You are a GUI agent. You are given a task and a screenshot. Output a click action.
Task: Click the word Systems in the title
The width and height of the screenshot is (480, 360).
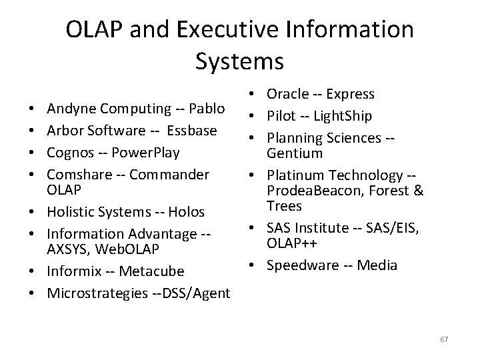[x=240, y=61]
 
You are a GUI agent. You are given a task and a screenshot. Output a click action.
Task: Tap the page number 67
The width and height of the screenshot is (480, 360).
[x=444, y=340]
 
